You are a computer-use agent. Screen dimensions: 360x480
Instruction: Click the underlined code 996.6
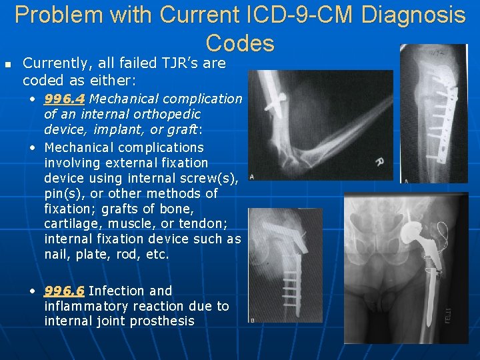pos(64,291)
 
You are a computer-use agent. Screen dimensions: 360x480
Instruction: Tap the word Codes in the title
pos(240,43)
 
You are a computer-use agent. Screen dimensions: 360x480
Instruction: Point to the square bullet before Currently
pos(8,64)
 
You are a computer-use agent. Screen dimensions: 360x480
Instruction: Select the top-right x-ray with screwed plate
pos(433,113)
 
